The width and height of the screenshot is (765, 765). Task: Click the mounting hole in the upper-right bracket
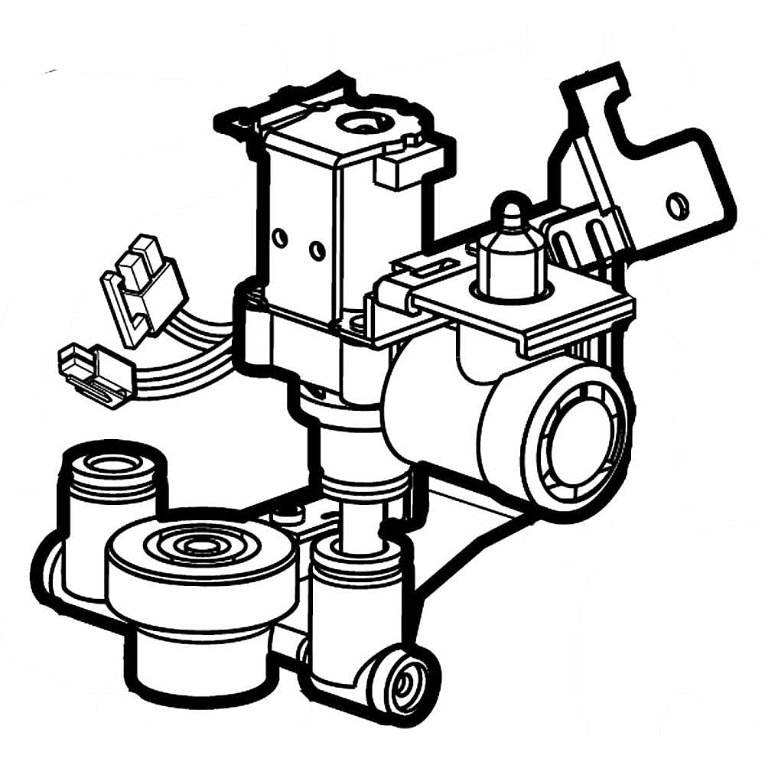(x=675, y=206)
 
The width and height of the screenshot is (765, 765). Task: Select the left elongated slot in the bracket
(x=563, y=240)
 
